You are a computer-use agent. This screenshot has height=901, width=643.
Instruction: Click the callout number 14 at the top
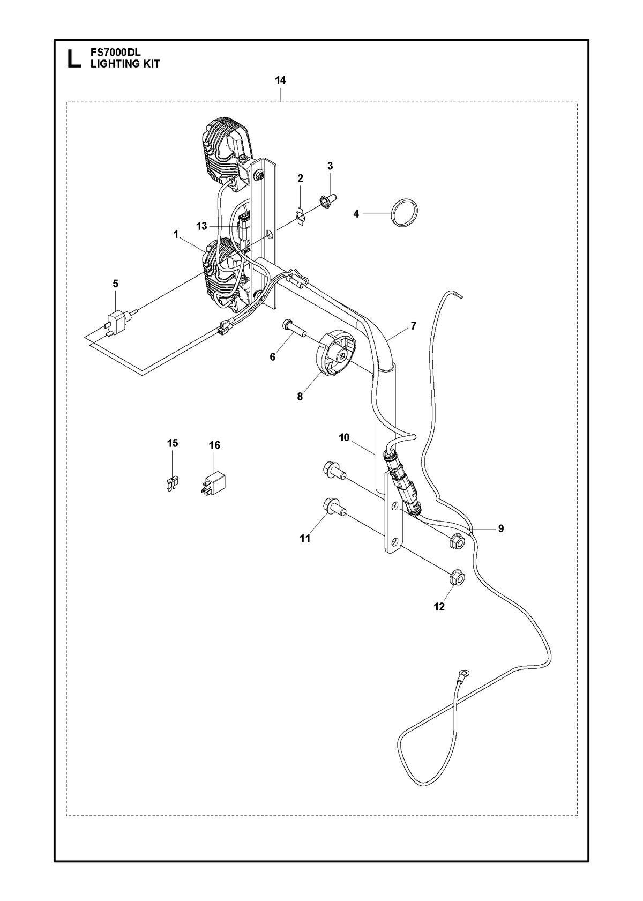[280, 80]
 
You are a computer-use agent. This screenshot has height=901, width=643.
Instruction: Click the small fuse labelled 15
[173, 483]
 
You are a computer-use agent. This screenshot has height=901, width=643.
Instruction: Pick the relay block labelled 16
[213, 483]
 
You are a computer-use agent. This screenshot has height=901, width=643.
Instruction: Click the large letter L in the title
[74, 59]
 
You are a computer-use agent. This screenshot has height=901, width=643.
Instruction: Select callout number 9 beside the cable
[500, 528]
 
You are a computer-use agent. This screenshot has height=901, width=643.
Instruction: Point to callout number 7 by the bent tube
[413, 326]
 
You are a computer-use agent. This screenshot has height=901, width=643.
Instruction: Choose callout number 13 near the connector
[201, 227]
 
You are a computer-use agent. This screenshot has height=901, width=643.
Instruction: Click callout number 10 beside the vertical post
[344, 437]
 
